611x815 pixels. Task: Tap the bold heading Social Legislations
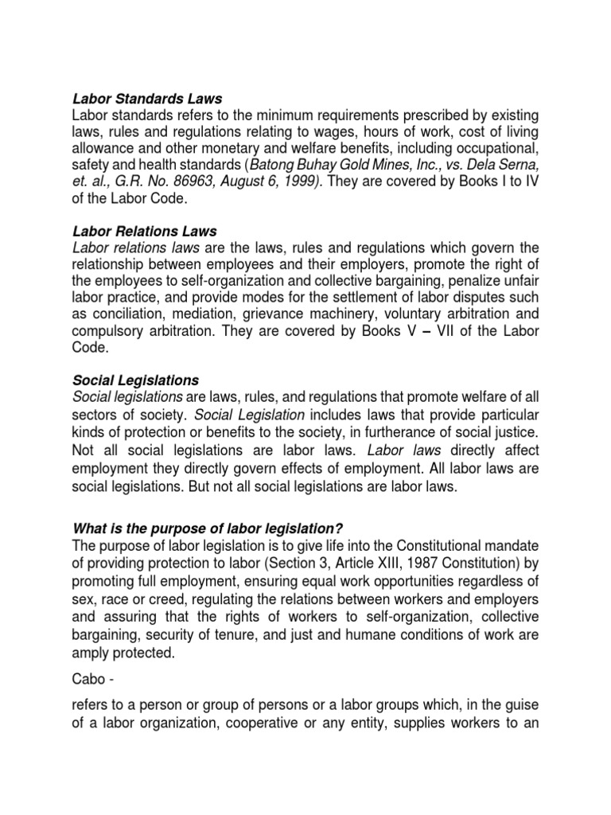[136, 380]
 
